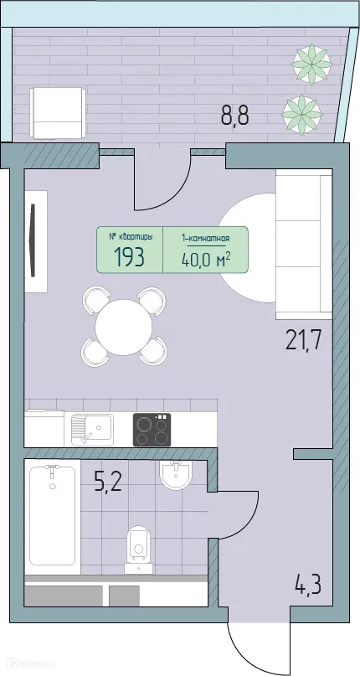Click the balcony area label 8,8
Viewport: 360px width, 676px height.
(x=234, y=115)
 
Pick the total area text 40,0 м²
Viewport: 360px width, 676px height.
(x=206, y=257)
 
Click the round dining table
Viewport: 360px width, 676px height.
(x=124, y=327)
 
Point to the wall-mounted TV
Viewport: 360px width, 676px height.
(x=32, y=240)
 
